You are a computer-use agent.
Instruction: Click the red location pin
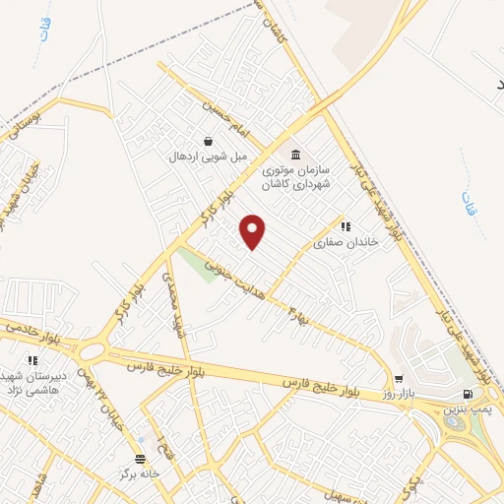253,231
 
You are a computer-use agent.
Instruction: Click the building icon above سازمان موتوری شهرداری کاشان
296,155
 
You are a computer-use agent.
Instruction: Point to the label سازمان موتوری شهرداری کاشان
296,177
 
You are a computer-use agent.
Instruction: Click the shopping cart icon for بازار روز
399,378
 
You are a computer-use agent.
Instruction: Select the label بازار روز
400,393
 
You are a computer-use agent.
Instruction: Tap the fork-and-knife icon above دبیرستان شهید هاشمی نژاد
32,361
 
